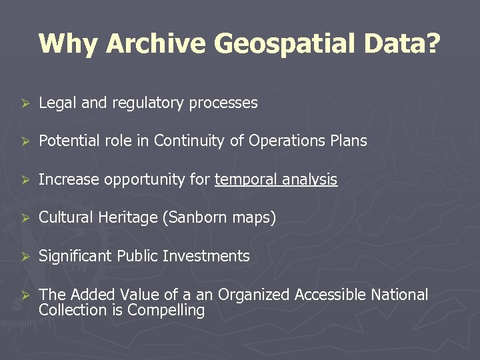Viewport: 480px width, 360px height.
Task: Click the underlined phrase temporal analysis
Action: [276, 180]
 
